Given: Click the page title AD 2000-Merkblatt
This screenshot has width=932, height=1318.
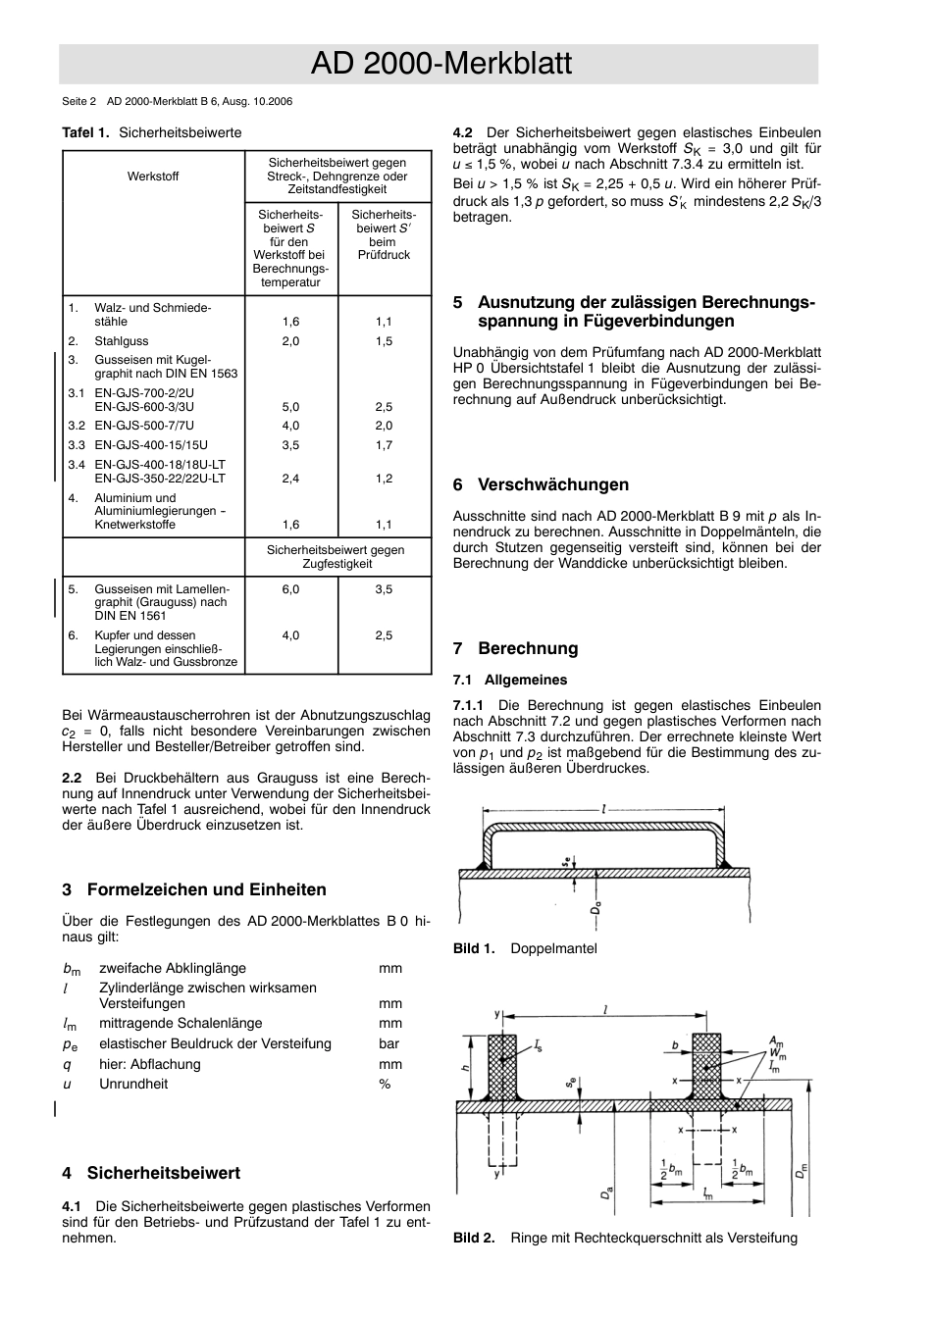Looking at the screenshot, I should (x=440, y=64).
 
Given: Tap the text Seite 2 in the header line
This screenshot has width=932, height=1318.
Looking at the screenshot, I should (x=78, y=101).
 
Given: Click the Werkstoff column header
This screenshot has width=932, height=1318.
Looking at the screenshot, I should (x=153, y=177).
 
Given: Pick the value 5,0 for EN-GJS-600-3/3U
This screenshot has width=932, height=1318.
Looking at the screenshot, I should (x=290, y=407).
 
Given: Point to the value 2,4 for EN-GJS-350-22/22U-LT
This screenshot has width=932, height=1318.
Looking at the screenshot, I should (x=290, y=479).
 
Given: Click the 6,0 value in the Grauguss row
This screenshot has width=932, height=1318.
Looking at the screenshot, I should (x=290, y=589).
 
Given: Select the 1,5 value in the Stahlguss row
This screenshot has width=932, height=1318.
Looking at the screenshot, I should (x=384, y=341).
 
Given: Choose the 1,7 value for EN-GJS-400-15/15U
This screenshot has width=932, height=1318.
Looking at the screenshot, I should (x=384, y=445).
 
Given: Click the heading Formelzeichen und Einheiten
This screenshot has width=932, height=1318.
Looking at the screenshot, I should (x=206, y=889).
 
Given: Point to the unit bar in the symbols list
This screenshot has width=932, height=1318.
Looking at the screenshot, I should (x=388, y=1043).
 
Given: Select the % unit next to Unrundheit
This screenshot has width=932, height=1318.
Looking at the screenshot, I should (x=385, y=1084).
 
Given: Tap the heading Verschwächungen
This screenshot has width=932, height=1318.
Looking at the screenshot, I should (x=552, y=484).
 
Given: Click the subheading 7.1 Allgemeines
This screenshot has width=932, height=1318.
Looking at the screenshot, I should (x=510, y=680).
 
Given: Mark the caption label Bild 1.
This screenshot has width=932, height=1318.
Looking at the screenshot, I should (x=474, y=948).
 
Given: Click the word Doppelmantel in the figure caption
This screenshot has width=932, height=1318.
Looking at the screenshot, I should (x=553, y=948).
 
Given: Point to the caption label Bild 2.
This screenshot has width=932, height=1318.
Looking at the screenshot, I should (x=474, y=1238).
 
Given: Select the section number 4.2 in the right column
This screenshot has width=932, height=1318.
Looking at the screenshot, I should (x=463, y=132).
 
